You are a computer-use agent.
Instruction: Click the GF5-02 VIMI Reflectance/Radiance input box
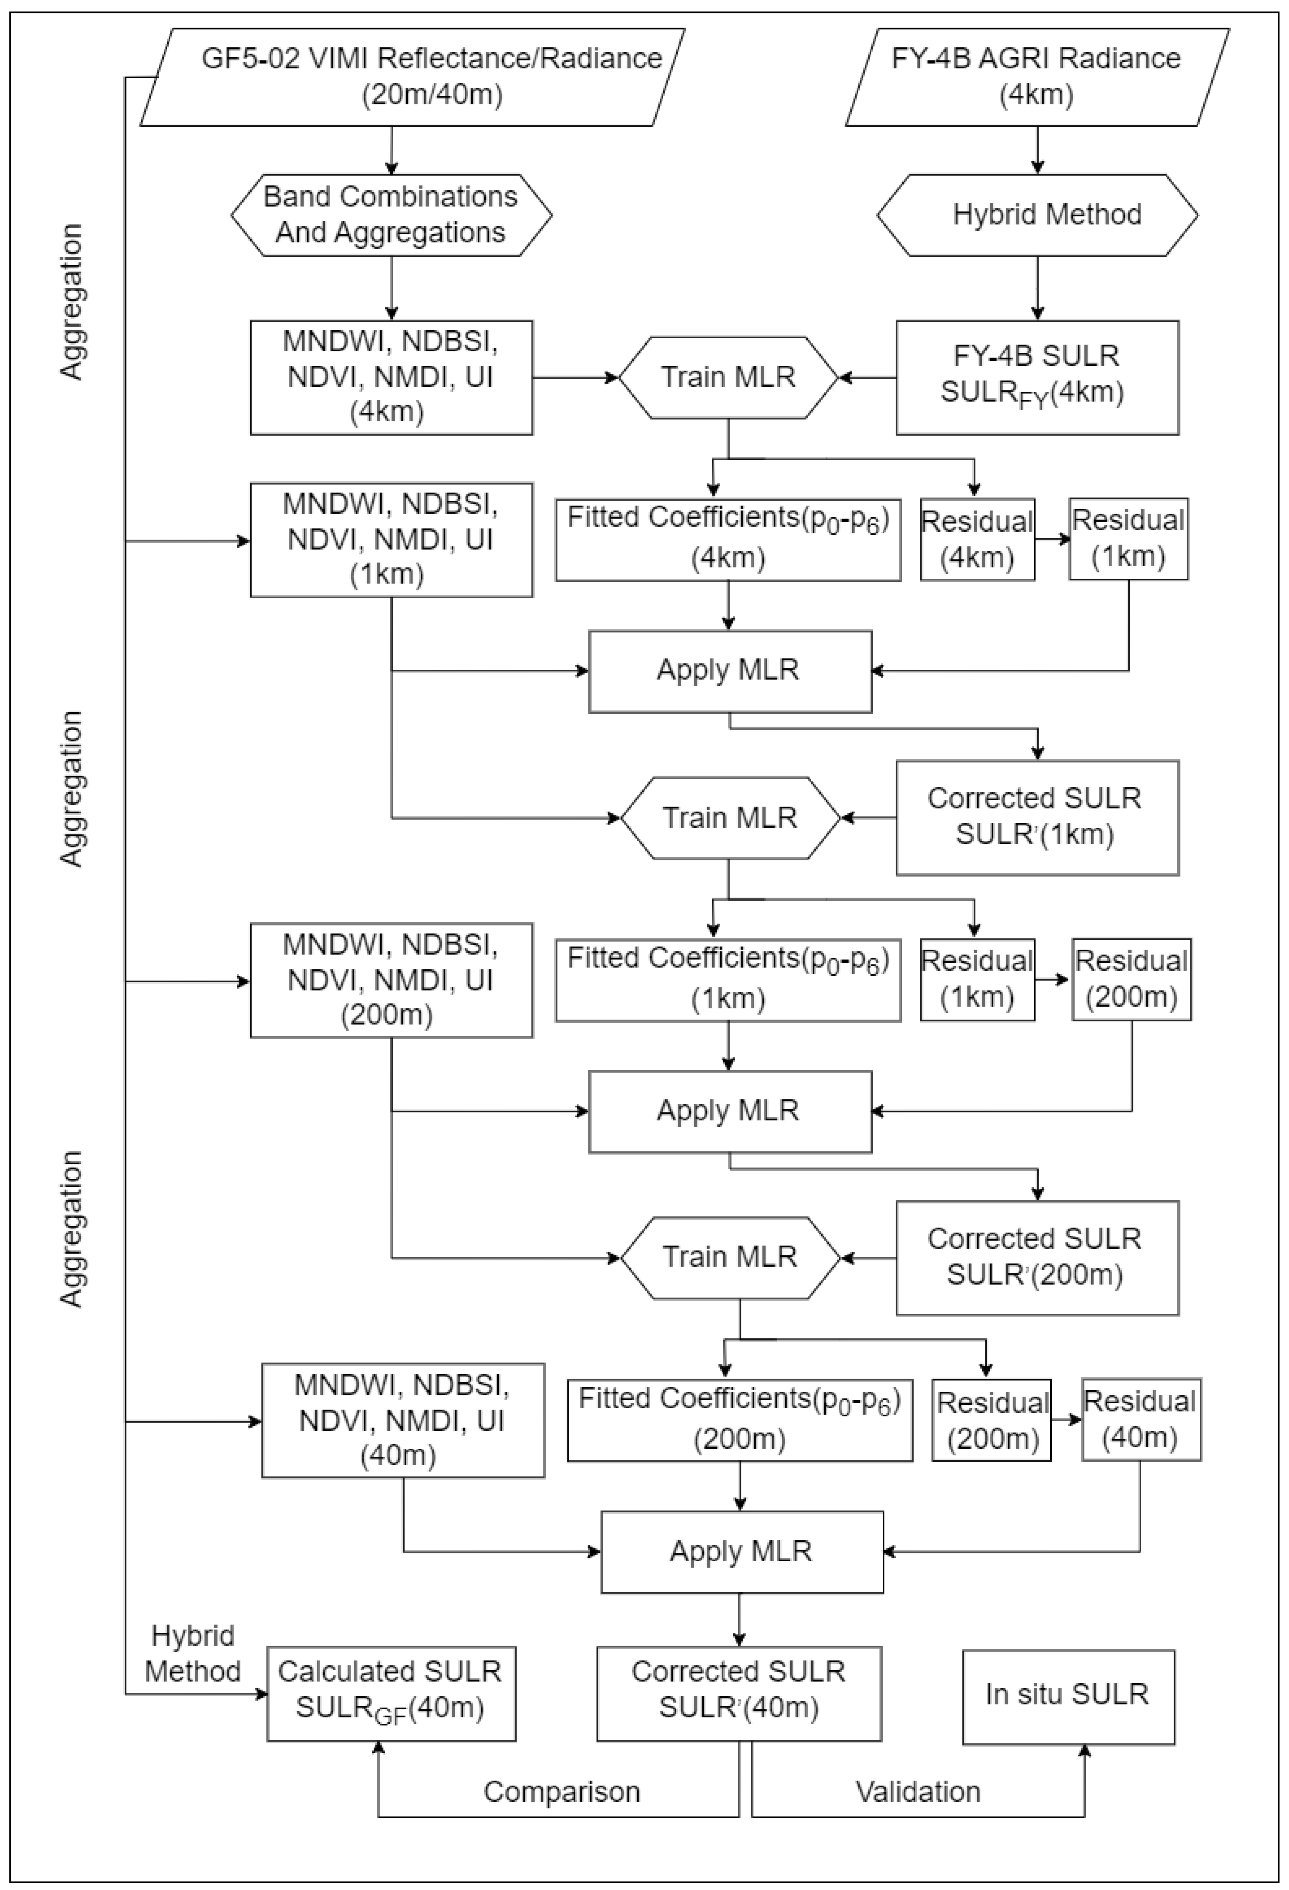pyautogui.click(x=411, y=77)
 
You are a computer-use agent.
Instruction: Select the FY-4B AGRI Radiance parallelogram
pyautogui.click(x=1037, y=77)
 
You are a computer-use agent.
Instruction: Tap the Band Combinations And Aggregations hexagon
pyautogui.click(x=391, y=215)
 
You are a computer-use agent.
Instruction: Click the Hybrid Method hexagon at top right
pyautogui.click(x=1037, y=215)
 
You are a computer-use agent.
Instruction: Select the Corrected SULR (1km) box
pyautogui.click(x=1037, y=817)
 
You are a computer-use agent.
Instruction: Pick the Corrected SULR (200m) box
pyautogui.click(x=1037, y=1257)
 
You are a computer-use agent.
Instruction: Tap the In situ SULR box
pyautogui.click(x=1068, y=1696)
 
